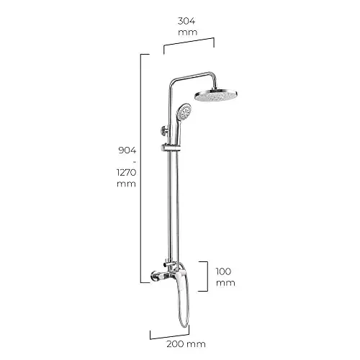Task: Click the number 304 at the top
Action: [186, 21]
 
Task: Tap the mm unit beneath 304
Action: [188, 32]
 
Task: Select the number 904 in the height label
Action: [127, 150]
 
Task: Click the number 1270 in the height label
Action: [127, 172]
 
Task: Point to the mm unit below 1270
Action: [126, 184]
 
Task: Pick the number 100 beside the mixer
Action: [223, 271]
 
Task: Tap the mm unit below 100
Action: [225, 283]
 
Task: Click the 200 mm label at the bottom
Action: [186, 344]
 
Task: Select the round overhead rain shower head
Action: [216, 95]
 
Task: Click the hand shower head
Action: [184, 112]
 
